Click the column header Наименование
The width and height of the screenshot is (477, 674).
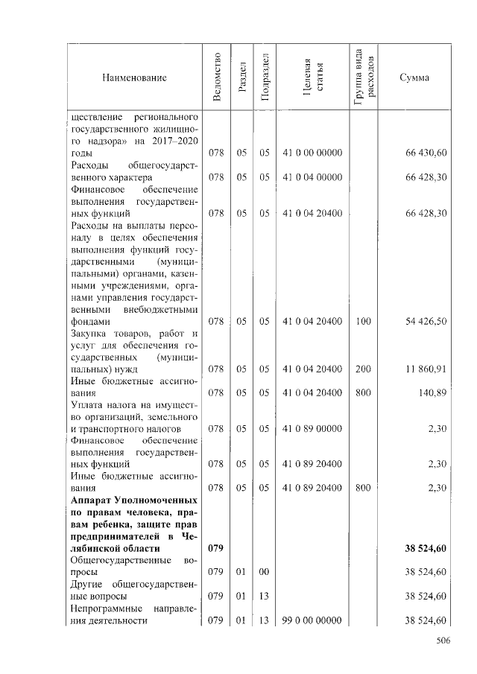coord(135,77)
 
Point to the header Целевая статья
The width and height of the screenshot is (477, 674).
coord(313,77)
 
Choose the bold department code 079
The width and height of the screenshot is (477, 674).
coord(216,548)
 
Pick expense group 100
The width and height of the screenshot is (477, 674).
coord(364,321)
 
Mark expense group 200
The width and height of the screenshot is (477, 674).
coord(364,369)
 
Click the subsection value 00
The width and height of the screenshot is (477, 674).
coord(264,572)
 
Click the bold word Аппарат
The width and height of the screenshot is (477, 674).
coord(95,500)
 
